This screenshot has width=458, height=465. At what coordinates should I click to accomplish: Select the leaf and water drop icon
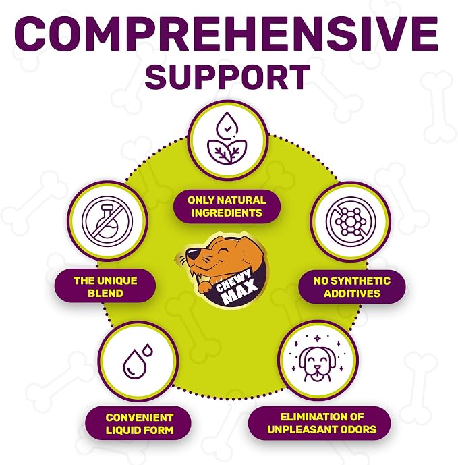(227, 138)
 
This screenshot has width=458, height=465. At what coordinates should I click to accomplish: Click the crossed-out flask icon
(107, 221)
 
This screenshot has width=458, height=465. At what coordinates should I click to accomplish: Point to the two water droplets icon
(138, 361)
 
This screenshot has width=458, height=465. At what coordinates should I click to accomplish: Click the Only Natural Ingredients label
(227, 207)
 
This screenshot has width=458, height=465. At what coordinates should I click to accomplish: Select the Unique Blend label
(105, 286)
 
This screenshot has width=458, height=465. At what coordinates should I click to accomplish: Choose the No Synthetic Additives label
(352, 287)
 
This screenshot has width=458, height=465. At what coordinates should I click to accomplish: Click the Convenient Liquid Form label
(140, 423)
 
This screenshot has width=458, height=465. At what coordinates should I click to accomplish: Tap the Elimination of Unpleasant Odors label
(322, 423)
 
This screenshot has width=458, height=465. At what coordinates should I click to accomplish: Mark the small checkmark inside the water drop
(227, 129)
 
